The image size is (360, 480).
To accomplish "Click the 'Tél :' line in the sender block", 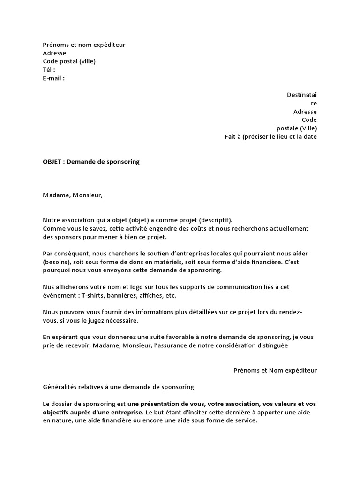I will (x=49, y=70).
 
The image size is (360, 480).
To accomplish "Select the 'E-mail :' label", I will (x=54, y=78).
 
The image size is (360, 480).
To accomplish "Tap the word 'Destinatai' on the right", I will (x=302, y=95).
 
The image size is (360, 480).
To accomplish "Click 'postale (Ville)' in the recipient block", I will (x=297, y=128).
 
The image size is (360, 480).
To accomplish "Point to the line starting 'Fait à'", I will (x=270, y=137).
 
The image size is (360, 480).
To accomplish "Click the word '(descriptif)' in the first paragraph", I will (x=215, y=220).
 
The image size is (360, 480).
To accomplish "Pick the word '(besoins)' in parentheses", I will (x=57, y=262).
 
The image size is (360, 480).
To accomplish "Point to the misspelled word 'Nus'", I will (x=48, y=287).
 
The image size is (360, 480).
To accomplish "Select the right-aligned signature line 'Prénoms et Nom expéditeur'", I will (x=275, y=370).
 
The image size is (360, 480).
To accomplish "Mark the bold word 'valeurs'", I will (x=289, y=404).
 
